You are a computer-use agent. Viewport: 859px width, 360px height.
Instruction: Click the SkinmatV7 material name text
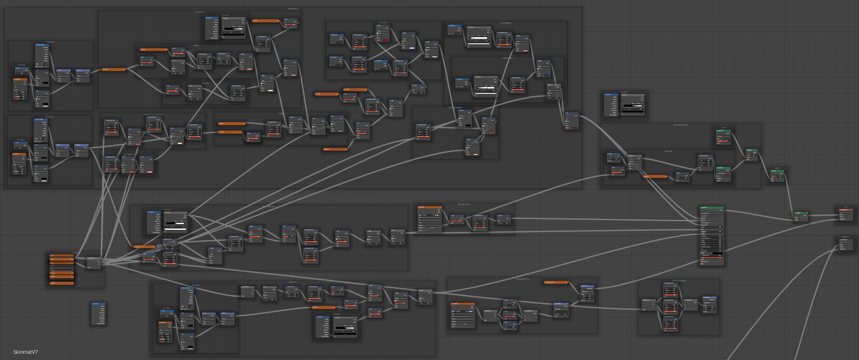[x=26, y=352]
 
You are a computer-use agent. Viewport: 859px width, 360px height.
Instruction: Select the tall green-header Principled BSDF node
[x=711, y=208]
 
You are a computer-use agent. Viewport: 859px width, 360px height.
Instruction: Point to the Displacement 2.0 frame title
[x=522, y=279]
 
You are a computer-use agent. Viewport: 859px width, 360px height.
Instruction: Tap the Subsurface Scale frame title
[x=464, y=204]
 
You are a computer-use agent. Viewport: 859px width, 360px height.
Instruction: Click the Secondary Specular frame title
[x=680, y=125]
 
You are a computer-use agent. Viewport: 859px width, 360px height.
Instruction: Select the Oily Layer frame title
[x=668, y=151]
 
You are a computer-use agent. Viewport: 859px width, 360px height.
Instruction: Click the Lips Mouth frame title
[x=200, y=12]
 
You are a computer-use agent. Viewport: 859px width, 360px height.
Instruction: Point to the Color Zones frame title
[x=384, y=23]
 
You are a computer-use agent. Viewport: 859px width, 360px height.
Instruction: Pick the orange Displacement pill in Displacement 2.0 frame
[x=556, y=282]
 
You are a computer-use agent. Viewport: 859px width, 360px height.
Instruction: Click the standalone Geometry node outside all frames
[x=98, y=314]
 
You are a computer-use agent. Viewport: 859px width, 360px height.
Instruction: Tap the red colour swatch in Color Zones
[x=386, y=40]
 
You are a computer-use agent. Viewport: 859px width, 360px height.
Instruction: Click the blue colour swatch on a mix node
[x=547, y=76]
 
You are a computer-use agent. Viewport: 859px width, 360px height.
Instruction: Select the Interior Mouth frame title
[x=506, y=23]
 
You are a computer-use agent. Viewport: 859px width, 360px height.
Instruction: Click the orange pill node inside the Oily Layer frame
[x=655, y=177]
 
